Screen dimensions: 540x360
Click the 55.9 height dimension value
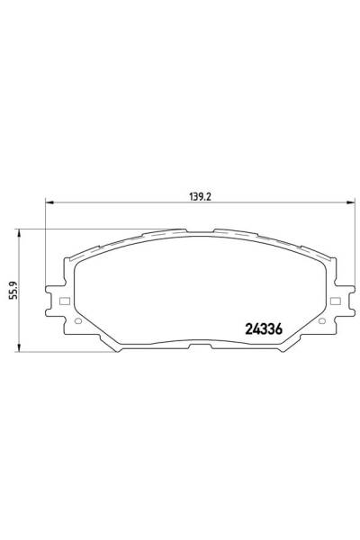click(13, 290)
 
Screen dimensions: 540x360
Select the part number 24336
click(265, 328)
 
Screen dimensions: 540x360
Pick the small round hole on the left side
click(77, 321)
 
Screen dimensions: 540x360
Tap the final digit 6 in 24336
click(280, 328)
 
